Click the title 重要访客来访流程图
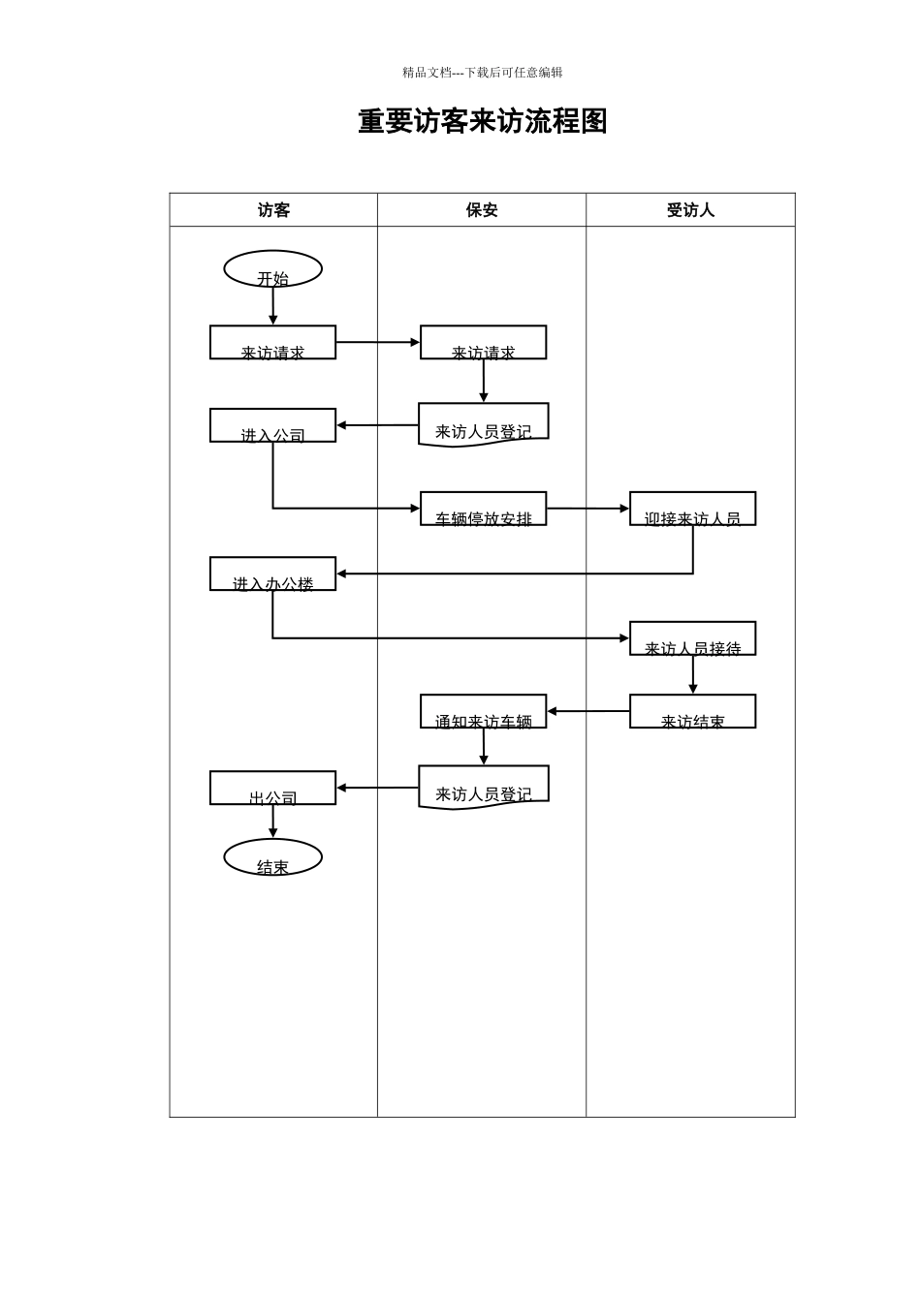pyautogui.click(x=482, y=122)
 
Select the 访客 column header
pyautogui.click(x=273, y=210)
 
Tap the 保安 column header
pyautogui.click(x=482, y=210)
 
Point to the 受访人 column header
pyautogui.click(x=690, y=210)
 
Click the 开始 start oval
pyautogui.click(x=272, y=269)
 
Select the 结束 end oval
pyautogui.click(x=272, y=857)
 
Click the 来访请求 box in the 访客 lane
pyautogui.click(x=272, y=343)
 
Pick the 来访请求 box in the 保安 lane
pyautogui.click(x=483, y=343)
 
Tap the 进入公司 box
pyautogui.click(x=272, y=425)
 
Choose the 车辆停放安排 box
pyautogui.click(x=483, y=509)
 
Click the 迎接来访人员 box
pyautogui.click(x=692, y=509)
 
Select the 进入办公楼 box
pyautogui.click(x=272, y=573)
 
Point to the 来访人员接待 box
pyautogui.click(x=692, y=638)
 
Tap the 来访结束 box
pyautogui.click(x=692, y=711)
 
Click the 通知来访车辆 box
pyautogui.click(x=483, y=711)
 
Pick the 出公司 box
pyautogui.click(x=272, y=788)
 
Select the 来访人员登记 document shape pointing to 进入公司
pyautogui.click(x=483, y=424)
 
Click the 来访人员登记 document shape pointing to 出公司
pyautogui.click(x=483, y=787)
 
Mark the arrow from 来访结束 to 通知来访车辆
pyautogui.click(x=588, y=711)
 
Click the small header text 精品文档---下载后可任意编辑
pyautogui.click(x=482, y=73)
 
